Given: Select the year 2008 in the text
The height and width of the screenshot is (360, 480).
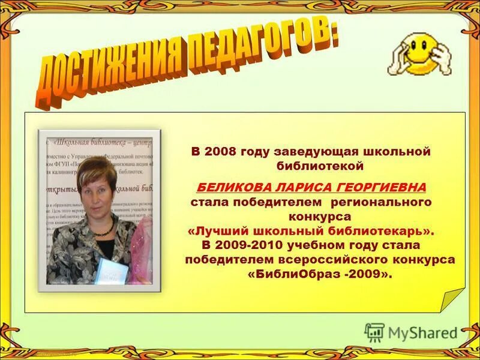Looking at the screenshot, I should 220,151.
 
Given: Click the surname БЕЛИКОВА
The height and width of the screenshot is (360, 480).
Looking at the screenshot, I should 229,187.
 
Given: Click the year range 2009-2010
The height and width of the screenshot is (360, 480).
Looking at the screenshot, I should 251,245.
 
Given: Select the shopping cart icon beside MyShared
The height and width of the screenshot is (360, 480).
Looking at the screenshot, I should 374,332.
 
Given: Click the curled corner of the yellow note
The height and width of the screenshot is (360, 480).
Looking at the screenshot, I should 451,299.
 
